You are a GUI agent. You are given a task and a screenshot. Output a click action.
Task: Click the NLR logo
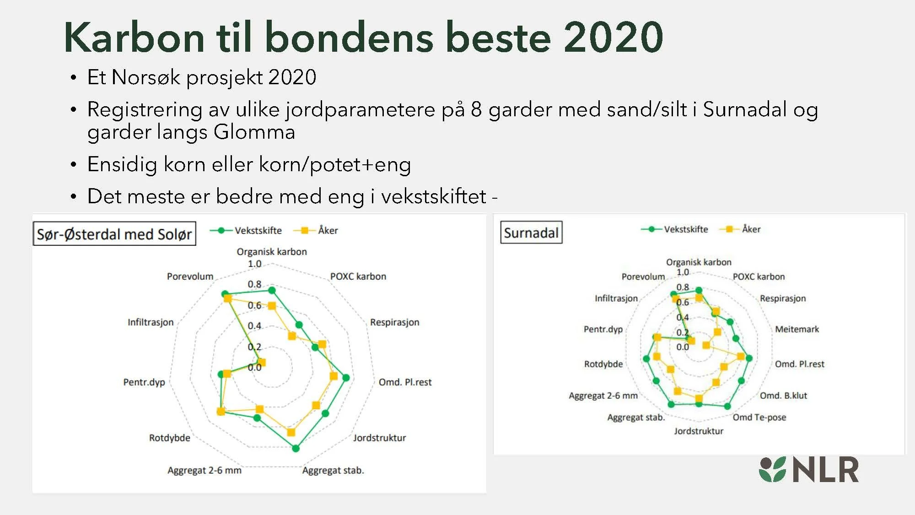coord(809,470)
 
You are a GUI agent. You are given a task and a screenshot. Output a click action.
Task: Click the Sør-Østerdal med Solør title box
coord(114,234)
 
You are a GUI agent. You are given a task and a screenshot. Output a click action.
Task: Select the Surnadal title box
coord(531,233)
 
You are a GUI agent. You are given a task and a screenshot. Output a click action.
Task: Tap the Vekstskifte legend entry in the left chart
coord(246,230)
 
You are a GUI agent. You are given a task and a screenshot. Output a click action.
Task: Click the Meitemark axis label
coord(797,329)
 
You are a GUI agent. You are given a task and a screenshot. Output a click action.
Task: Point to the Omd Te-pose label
coord(759,417)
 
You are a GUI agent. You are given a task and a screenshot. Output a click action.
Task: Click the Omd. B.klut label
coord(783,396)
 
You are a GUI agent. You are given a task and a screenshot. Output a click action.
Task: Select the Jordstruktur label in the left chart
coord(379,438)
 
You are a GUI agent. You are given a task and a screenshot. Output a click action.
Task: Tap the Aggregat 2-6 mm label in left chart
coord(204,470)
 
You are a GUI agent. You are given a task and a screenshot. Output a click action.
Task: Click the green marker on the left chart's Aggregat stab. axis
coord(296,448)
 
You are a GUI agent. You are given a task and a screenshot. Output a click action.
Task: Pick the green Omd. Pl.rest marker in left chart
coord(346,378)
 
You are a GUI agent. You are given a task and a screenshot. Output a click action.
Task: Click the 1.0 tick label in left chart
coord(254,264)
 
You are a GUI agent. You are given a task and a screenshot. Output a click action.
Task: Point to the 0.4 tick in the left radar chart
coord(254,325)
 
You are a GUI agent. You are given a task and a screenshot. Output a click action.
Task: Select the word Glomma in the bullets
coord(254,132)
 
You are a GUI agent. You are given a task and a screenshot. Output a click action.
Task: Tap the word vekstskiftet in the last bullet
coord(433,196)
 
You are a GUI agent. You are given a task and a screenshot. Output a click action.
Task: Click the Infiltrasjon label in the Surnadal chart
coord(616,298)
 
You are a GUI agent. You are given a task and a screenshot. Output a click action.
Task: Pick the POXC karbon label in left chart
coord(358,276)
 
